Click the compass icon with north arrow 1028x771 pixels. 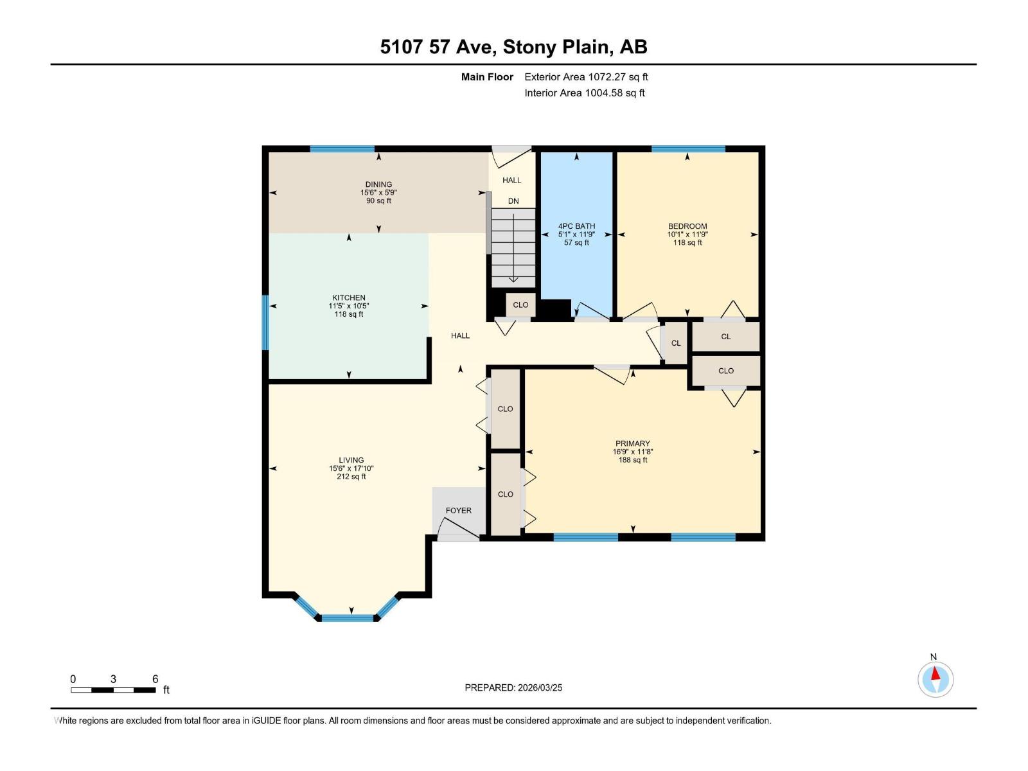[x=935, y=679]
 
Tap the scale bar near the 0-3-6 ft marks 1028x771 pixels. [x=113, y=690]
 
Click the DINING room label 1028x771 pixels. [x=378, y=184]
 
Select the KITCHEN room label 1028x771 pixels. [x=349, y=297]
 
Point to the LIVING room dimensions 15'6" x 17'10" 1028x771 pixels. [x=351, y=468]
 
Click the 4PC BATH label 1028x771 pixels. [x=576, y=226]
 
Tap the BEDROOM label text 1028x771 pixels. [x=687, y=226]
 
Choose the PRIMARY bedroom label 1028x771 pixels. [x=632, y=443]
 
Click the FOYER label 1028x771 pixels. [x=458, y=510]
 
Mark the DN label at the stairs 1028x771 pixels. [x=513, y=201]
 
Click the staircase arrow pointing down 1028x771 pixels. [x=513, y=257]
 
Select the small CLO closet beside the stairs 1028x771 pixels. [x=520, y=305]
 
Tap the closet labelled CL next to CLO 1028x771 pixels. [x=675, y=343]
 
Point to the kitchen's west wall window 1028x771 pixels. [x=265, y=323]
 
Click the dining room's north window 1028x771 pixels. [x=342, y=149]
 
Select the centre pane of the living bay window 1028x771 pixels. [x=347, y=618]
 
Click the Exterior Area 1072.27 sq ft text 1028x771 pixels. [x=586, y=77]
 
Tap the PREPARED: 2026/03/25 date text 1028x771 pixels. [x=513, y=687]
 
